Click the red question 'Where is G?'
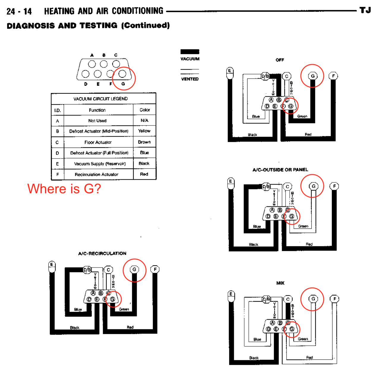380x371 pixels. [x=64, y=189]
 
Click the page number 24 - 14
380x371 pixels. [x=19, y=12]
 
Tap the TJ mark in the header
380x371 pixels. [x=365, y=10]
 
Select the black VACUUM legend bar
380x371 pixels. [x=190, y=52]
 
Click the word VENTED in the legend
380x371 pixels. [x=190, y=79]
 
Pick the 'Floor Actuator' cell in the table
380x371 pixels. [x=98, y=142]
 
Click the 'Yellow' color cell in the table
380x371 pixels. [x=144, y=131]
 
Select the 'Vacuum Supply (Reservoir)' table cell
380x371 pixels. [x=100, y=164]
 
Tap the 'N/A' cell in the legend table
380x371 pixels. [x=144, y=120]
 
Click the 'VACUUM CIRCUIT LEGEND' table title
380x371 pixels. [x=100, y=99]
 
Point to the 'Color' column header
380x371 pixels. [x=145, y=110]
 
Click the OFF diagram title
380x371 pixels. [x=280, y=60]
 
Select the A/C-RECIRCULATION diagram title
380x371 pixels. [x=102, y=253]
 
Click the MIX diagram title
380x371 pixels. [x=280, y=283]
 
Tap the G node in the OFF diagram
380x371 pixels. [x=313, y=76]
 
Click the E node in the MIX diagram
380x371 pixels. [x=231, y=294]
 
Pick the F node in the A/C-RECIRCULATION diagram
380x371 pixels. [x=155, y=269]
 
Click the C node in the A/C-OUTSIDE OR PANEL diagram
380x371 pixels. [x=287, y=187]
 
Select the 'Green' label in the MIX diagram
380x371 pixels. [x=303, y=339]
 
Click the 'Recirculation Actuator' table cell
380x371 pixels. [x=97, y=174]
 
